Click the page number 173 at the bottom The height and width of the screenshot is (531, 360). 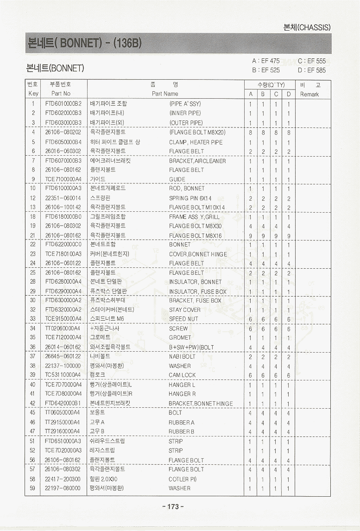pyautogui.click(x=173, y=506)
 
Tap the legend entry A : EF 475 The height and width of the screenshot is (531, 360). pyautogui.click(x=265, y=61)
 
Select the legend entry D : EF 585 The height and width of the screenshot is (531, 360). pyautogui.click(x=312, y=70)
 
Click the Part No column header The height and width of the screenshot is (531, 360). pyautogui.click(x=61, y=94)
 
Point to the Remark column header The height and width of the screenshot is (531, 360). pyautogui.click(x=309, y=94)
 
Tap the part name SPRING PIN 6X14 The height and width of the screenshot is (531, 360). pyautogui.click(x=190, y=198)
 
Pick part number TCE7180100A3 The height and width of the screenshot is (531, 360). pyautogui.click(x=63, y=254)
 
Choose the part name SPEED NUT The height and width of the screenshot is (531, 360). pyautogui.click(x=184, y=319)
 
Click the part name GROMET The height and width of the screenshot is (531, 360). pyautogui.click(x=180, y=338)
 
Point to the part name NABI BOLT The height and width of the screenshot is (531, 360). pyautogui.click(x=182, y=357)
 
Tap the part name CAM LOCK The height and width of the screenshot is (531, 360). pyautogui.click(x=182, y=375)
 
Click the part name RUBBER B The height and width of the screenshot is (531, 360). pyautogui.click(x=181, y=431)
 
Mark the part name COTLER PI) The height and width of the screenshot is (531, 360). pyautogui.click(x=183, y=479)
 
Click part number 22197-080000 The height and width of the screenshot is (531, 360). pyautogui.click(x=63, y=488)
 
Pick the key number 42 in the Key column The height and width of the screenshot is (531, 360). pyautogui.click(x=33, y=403)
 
